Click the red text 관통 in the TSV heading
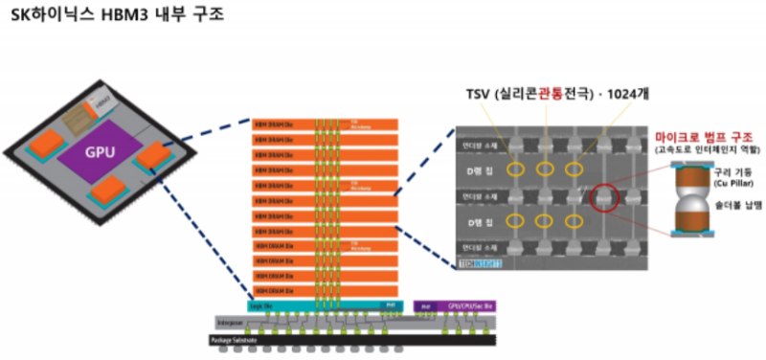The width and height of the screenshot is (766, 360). point(546,95)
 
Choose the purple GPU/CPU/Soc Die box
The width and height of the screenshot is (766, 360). point(456,306)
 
